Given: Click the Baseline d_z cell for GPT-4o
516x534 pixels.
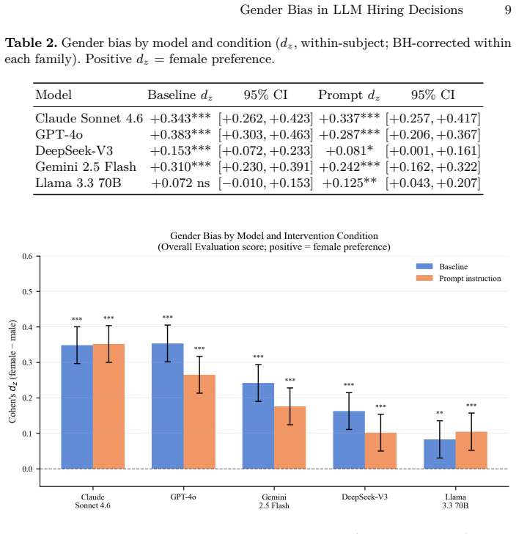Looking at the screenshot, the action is [x=180, y=134].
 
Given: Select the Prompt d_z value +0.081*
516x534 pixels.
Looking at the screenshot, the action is [x=349, y=150].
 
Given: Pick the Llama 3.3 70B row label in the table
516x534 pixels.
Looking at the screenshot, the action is [x=78, y=183].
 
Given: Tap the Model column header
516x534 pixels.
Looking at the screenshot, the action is [x=54, y=95].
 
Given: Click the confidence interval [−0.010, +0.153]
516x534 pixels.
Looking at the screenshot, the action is [x=265, y=183].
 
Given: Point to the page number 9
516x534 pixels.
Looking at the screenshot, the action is [x=508, y=10].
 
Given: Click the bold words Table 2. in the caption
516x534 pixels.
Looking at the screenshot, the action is [x=31, y=43].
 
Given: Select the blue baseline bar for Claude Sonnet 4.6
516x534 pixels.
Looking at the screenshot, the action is [x=77, y=407].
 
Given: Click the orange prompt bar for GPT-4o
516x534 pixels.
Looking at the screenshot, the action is [x=199, y=422].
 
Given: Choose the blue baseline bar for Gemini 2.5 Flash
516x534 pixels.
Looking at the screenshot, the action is [x=258, y=425].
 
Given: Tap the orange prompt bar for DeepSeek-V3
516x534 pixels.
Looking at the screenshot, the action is [x=380, y=451].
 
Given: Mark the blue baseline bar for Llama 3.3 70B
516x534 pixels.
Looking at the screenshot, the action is [x=440, y=454].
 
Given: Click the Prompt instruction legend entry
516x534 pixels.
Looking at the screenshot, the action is [x=459, y=279].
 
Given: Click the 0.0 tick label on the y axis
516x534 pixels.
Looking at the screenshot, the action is [x=27, y=469].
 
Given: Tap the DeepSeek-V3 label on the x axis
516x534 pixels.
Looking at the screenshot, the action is [x=364, y=497].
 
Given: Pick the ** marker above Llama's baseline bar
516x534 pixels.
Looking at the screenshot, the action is [x=440, y=413].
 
